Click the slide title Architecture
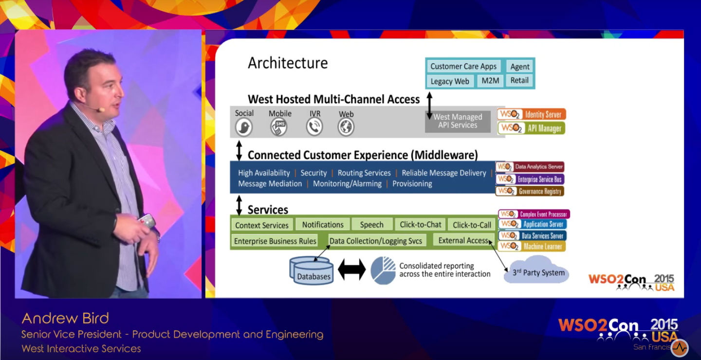288,63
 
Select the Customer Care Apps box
463,67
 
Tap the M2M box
490,81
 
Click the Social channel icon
243,127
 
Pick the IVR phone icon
314,127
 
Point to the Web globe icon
346,127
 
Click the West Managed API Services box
458,121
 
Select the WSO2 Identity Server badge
532,115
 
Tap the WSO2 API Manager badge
531,128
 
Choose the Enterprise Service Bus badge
530,179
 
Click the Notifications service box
323,225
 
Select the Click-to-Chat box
421,225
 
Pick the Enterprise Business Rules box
275,241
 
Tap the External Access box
463,240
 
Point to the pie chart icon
383,270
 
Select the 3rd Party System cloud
537,272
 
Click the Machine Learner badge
532,247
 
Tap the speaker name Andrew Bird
65,319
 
